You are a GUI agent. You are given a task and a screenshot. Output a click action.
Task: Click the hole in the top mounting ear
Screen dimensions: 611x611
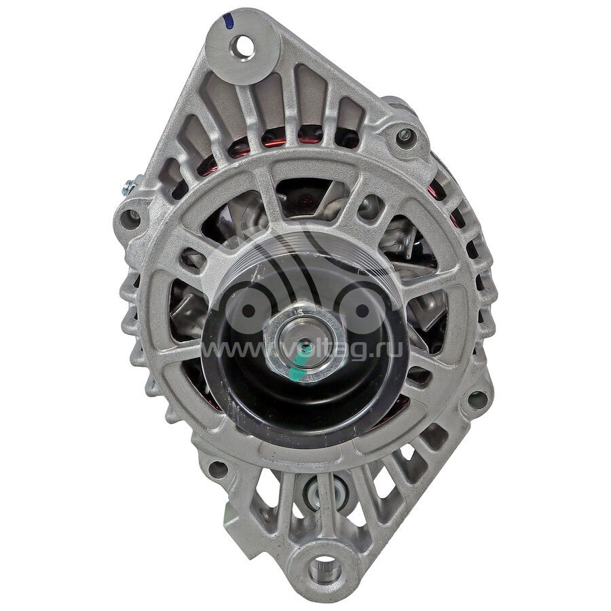point(244,46)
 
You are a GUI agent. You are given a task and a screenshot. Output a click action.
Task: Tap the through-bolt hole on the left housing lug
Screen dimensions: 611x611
point(130,219)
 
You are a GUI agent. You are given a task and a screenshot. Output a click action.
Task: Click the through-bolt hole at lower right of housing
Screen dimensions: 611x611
point(477,399)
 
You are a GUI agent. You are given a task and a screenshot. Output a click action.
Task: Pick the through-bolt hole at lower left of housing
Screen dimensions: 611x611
point(218,469)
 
